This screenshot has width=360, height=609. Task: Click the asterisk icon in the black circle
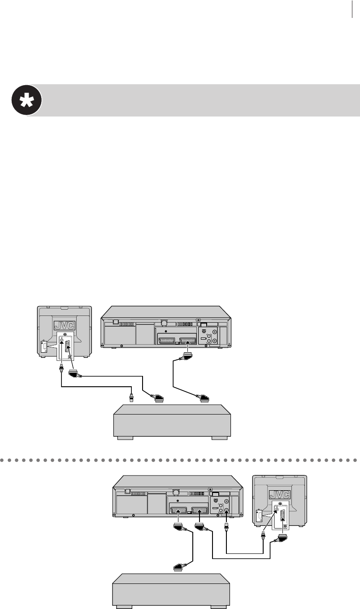click(x=26, y=100)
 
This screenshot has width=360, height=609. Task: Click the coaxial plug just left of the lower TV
click(x=263, y=535)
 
